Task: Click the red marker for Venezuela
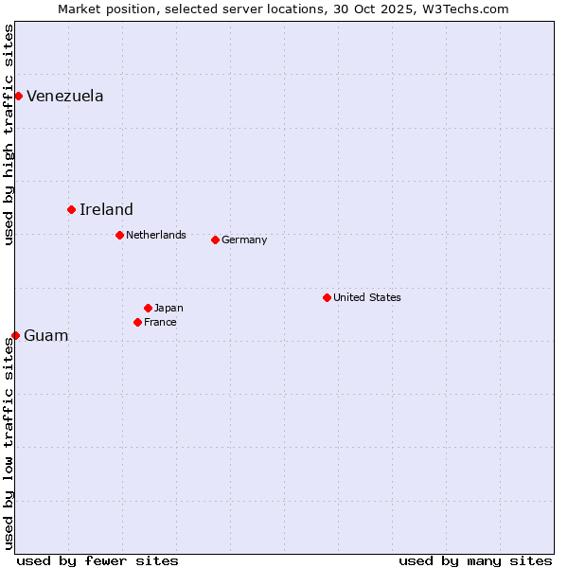click(18, 96)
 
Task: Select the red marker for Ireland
click(71, 209)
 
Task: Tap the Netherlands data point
click(119, 235)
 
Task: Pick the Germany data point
click(215, 240)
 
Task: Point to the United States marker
click(327, 297)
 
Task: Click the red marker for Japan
click(148, 308)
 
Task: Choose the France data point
click(137, 322)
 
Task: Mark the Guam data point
click(15, 335)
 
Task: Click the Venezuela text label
click(65, 96)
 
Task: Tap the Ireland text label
click(106, 209)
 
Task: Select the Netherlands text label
click(156, 235)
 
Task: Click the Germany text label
click(244, 240)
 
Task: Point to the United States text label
click(367, 297)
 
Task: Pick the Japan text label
click(169, 308)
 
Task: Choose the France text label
click(160, 322)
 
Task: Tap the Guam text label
click(46, 335)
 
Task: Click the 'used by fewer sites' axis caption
click(98, 560)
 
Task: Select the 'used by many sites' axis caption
click(475, 560)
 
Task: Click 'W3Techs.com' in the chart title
click(467, 9)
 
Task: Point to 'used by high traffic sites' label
click(9, 134)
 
